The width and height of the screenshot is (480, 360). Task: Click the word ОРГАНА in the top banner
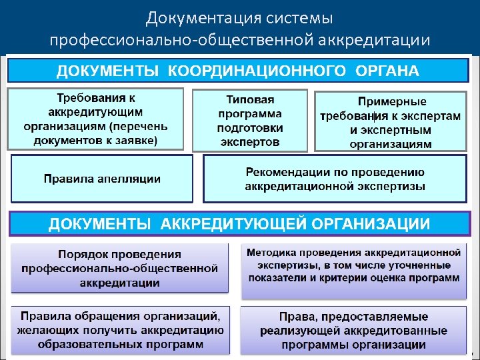click(x=387, y=71)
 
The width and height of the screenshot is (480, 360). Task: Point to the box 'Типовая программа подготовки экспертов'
click(x=250, y=121)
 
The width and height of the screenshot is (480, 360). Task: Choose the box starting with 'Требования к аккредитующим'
click(x=95, y=118)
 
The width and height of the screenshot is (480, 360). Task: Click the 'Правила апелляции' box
click(x=102, y=179)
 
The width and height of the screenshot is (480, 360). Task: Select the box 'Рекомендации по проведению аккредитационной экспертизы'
click(x=335, y=179)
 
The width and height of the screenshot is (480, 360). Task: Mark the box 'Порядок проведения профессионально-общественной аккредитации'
click(x=120, y=269)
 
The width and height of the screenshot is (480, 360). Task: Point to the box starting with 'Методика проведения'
click(x=353, y=265)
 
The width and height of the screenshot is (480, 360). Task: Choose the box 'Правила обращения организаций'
click(x=120, y=329)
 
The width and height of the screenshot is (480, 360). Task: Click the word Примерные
click(x=392, y=101)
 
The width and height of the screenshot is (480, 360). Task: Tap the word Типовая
click(x=250, y=99)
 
